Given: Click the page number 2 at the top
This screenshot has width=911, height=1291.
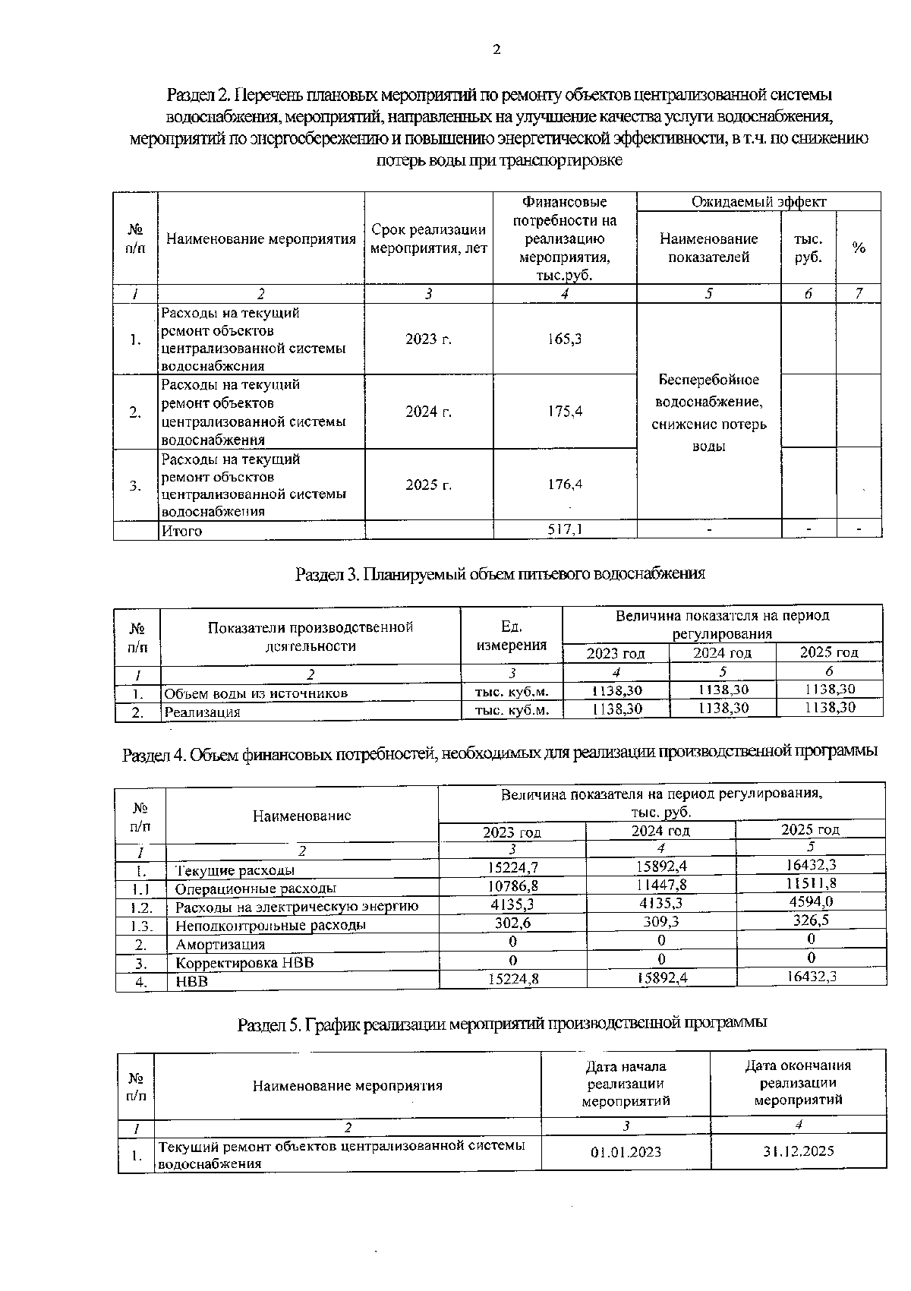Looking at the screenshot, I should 496,51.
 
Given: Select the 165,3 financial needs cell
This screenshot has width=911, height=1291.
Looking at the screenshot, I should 564,339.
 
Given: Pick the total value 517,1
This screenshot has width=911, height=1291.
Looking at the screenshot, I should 565,529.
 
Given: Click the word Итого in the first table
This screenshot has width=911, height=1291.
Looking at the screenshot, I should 181,531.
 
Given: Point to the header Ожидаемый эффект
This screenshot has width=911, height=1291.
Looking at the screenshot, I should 758,201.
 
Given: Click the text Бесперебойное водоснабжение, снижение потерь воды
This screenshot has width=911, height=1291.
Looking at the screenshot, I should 708,412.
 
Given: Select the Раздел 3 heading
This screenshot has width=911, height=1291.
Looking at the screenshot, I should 500,573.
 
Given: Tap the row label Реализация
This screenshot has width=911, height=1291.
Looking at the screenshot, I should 202,712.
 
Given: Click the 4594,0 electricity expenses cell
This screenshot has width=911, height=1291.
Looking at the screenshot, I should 811,901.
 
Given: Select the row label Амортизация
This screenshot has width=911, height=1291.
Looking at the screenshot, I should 220,944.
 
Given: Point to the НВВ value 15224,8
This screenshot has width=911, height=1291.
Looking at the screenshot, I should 512,979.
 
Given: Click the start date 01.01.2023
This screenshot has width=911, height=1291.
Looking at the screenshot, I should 626,1151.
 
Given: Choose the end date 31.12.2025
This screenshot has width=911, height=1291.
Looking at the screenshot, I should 798,1151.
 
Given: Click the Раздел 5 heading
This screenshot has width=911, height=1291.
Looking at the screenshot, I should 502,1023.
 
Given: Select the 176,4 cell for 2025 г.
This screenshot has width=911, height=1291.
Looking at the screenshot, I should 564,484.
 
